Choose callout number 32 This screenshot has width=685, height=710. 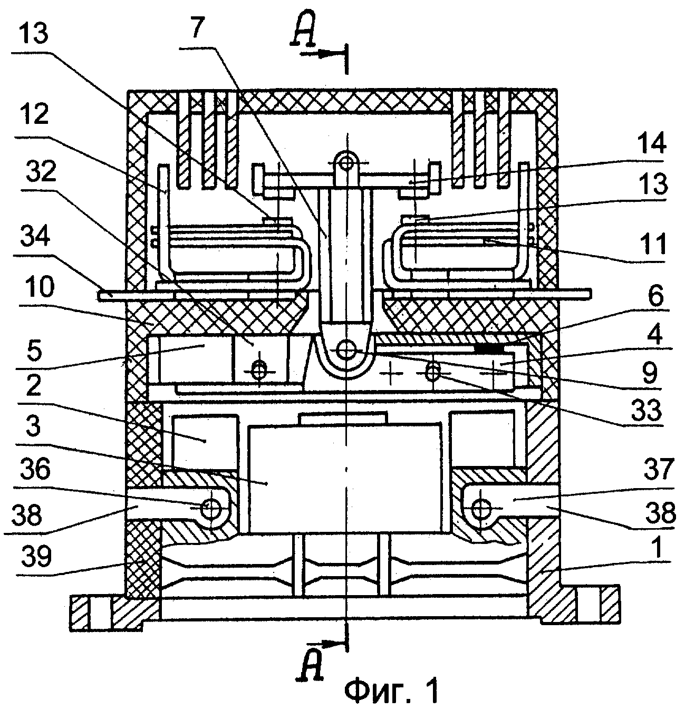click(x=41, y=171)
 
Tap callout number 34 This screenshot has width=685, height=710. click(x=35, y=235)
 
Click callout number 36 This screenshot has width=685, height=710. click(x=35, y=470)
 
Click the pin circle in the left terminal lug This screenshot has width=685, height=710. click(x=211, y=507)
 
